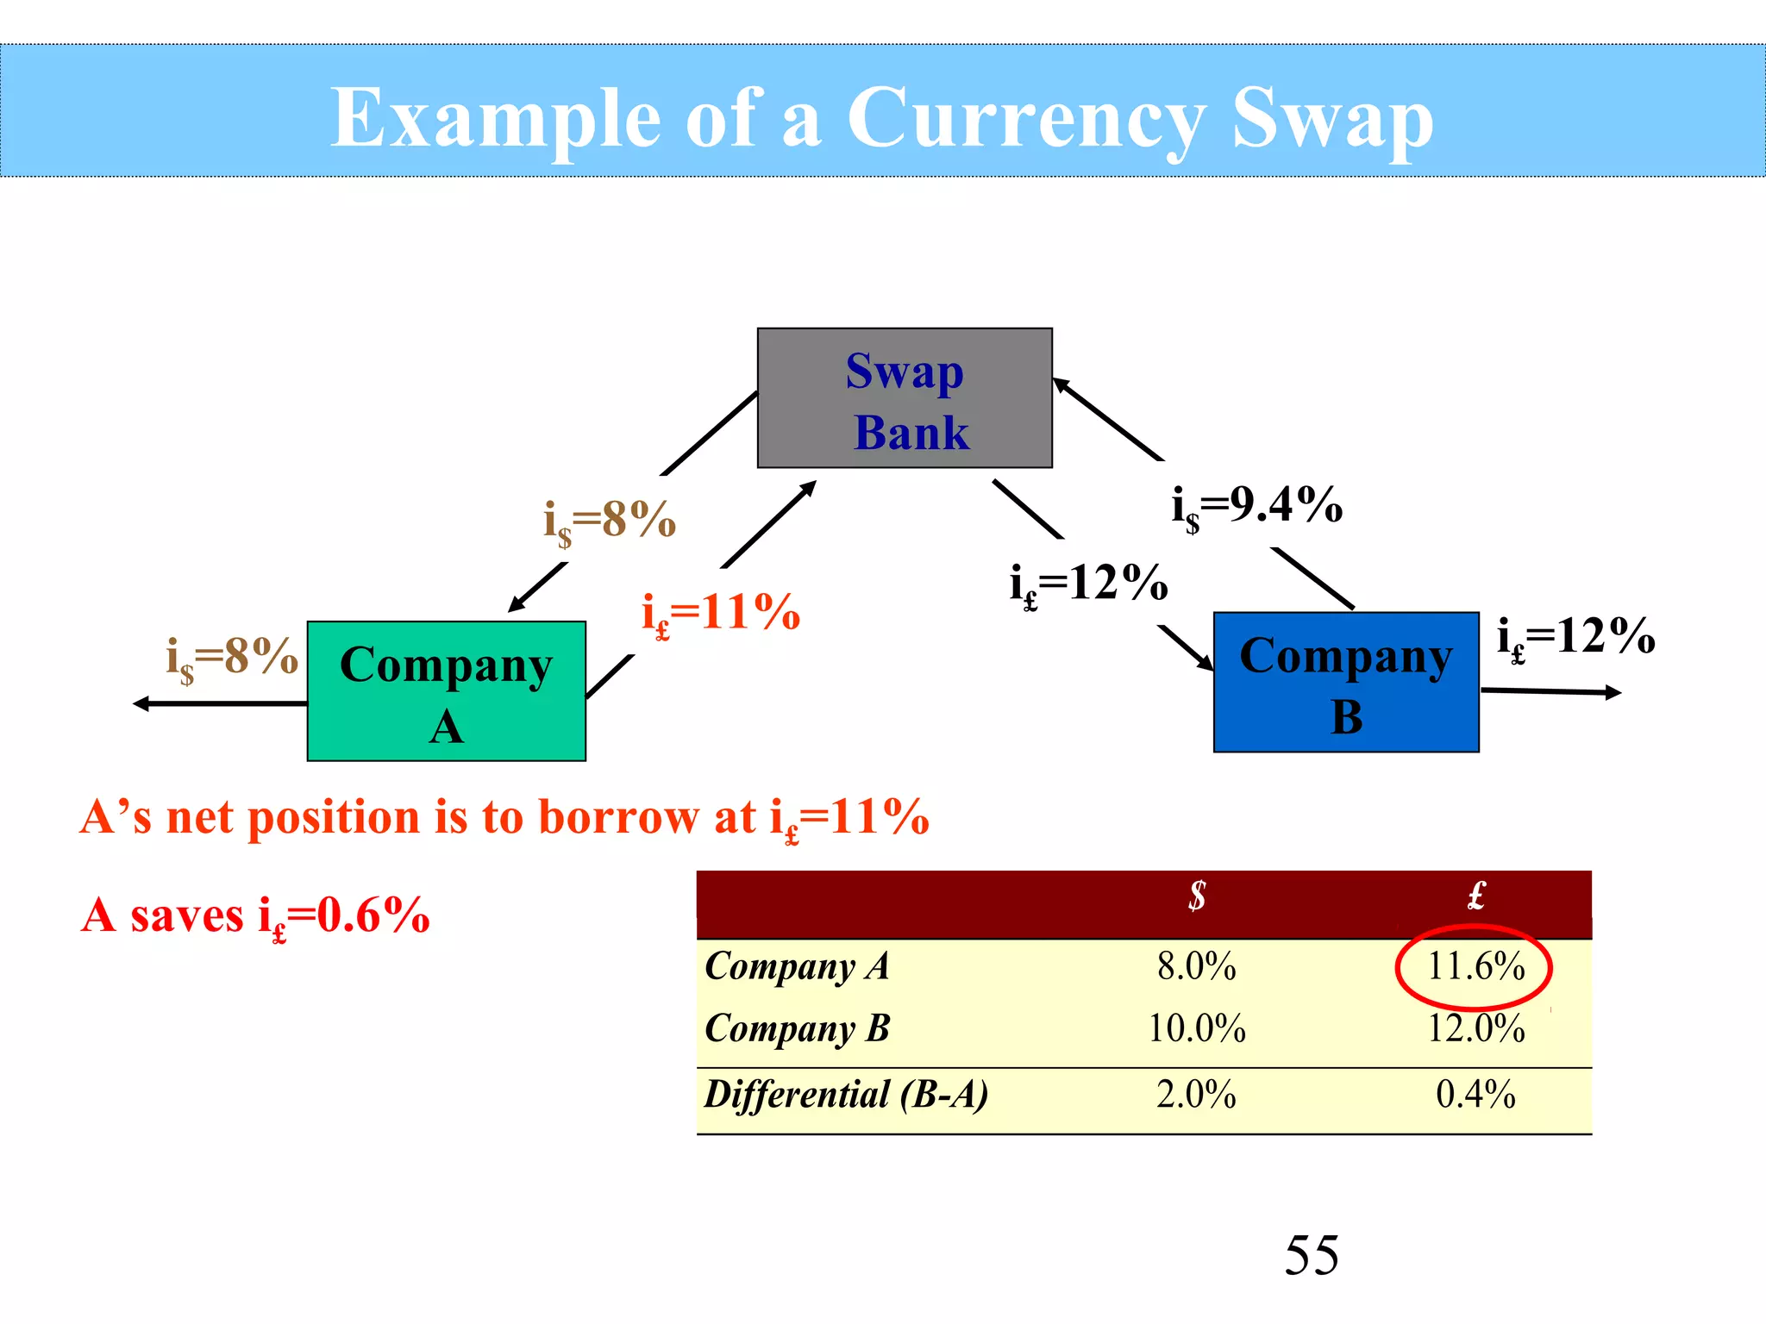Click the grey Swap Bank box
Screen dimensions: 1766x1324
tap(905, 398)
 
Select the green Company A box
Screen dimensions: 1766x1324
tap(446, 691)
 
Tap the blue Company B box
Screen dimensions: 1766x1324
tap(1346, 683)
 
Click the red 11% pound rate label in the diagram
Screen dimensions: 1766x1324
tap(721, 614)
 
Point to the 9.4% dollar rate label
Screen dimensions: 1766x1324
tap(1257, 506)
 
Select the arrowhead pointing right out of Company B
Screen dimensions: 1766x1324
tap(1613, 692)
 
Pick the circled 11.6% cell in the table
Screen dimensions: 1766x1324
tap(1475, 966)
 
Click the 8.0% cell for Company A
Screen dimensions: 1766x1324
tap(1196, 966)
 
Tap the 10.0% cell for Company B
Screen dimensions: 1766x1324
tap(1196, 1028)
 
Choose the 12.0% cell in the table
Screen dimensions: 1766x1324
tap(1475, 1028)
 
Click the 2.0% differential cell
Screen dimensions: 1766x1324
tap(1196, 1095)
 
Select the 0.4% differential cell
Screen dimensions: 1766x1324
tap(1475, 1095)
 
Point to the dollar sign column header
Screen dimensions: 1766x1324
tap(1196, 896)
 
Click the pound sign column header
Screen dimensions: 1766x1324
tap(1475, 896)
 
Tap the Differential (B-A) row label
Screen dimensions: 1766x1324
tap(846, 1095)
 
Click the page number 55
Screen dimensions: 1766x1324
tap(1312, 1255)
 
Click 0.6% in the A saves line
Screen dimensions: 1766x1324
tap(373, 915)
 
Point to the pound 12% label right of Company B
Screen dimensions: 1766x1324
tap(1576, 639)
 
